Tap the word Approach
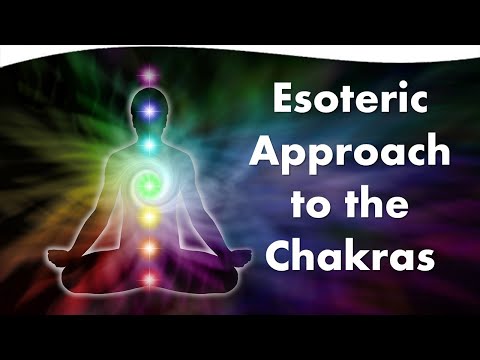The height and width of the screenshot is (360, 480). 345,152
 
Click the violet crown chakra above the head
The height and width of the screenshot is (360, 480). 151,73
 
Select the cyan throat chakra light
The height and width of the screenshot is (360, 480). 151,145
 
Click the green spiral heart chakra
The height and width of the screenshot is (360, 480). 151,183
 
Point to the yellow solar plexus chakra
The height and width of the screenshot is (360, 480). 151,215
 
